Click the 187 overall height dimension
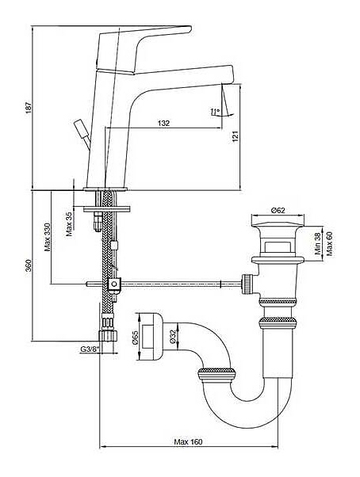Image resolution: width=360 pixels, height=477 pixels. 29,108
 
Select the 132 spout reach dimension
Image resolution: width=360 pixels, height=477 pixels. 163,123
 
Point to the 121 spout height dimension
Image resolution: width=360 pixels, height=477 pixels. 236,136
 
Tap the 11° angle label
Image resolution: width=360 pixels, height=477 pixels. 215,112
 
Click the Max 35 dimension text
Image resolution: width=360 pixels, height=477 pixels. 69,224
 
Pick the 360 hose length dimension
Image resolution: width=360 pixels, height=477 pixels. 29,265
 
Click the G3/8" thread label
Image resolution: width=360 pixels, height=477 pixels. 90,349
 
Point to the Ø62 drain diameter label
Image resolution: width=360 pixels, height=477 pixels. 278,210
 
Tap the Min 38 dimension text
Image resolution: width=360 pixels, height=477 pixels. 318,243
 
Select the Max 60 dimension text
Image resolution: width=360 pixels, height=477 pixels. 329,243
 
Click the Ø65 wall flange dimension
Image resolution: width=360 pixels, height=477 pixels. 135,338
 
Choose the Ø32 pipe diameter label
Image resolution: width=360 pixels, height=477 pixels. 173,338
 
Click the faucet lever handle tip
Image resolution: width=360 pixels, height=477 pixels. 190,29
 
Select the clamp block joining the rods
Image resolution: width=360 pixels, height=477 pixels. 114,284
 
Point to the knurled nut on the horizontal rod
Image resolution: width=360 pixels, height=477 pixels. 247,284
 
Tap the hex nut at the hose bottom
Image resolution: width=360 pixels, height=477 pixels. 108,335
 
